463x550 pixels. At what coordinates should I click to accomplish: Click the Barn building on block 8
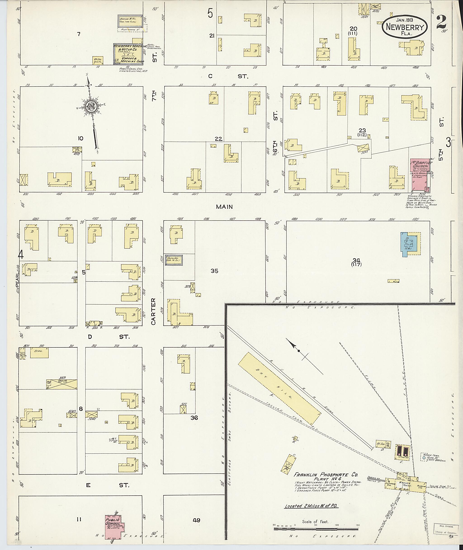point(39,352)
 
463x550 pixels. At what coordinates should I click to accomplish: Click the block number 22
point(218,139)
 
